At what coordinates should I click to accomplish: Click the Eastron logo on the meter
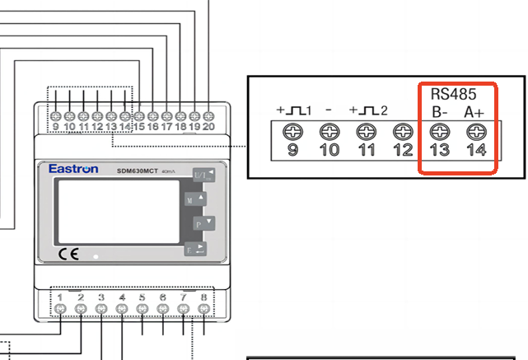pyautogui.click(x=73, y=169)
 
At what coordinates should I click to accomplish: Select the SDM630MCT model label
pyautogui.click(x=133, y=170)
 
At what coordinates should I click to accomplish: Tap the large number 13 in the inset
pyautogui.click(x=440, y=150)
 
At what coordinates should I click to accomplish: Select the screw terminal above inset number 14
pyautogui.click(x=476, y=132)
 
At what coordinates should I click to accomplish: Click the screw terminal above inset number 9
pyautogui.click(x=292, y=132)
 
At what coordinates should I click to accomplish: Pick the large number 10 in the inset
pyautogui.click(x=329, y=150)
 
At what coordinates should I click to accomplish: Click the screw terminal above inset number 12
pyautogui.click(x=403, y=132)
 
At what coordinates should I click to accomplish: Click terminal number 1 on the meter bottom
pyautogui.click(x=61, y=297)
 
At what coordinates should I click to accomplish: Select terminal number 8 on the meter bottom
pyautogui.click(x=203, y=297)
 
